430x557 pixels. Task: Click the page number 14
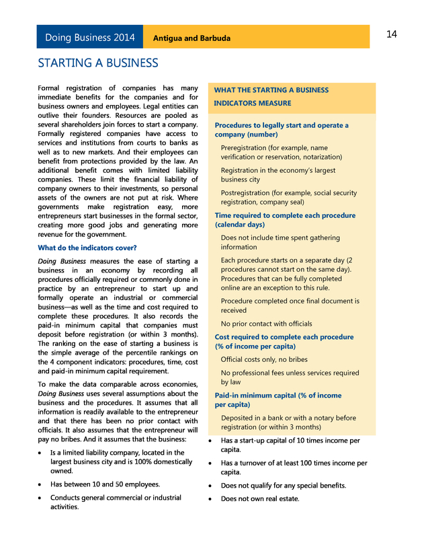[x=392, y=35]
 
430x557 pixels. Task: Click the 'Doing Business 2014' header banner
[x=89, y=38]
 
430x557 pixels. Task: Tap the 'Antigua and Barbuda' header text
[x=191, y=38]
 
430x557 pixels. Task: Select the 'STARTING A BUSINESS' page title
[x=98, y=63]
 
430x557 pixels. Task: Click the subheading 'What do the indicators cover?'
[x=87, y=248]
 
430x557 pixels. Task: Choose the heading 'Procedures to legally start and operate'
[x=282, y=130]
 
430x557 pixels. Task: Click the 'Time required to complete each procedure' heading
[x=285, y=220]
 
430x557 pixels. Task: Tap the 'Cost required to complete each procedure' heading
[x=283, y=341]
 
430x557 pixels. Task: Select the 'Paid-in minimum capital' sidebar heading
[x=278, y=400]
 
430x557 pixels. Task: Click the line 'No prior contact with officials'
[x=266, y=324]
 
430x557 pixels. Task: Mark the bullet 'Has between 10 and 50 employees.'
[x=105, y=484]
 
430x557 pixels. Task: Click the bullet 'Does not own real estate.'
[x=260, y=498]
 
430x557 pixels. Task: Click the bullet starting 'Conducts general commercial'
[x=116, y=502]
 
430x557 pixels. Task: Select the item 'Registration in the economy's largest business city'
[x=278, y=175]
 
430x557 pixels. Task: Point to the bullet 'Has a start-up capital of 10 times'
[x=290, y=445]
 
